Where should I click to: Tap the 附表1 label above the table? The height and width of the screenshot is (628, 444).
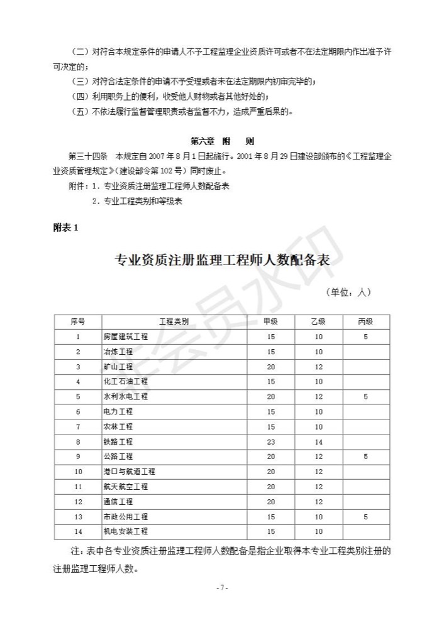coord(65,227)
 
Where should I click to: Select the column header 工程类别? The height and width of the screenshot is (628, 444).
coord(174,322)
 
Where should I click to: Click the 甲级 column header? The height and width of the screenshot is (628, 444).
coord(270,322)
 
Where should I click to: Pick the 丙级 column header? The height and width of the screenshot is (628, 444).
coord(365,322)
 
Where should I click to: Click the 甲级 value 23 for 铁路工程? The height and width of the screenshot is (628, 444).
coord(270,441)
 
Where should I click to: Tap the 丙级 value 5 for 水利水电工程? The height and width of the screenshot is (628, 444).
coord(365,397)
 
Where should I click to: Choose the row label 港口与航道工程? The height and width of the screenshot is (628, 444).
coord(129,472)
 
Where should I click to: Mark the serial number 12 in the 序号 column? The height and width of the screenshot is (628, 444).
coord(78,502)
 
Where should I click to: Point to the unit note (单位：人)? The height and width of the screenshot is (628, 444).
coord(348,292)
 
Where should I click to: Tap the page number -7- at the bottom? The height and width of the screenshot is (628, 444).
coord(222,587)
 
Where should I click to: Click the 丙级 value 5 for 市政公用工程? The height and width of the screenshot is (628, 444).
coord(365,516)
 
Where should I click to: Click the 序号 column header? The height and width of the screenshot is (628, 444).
coord(78,322)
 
